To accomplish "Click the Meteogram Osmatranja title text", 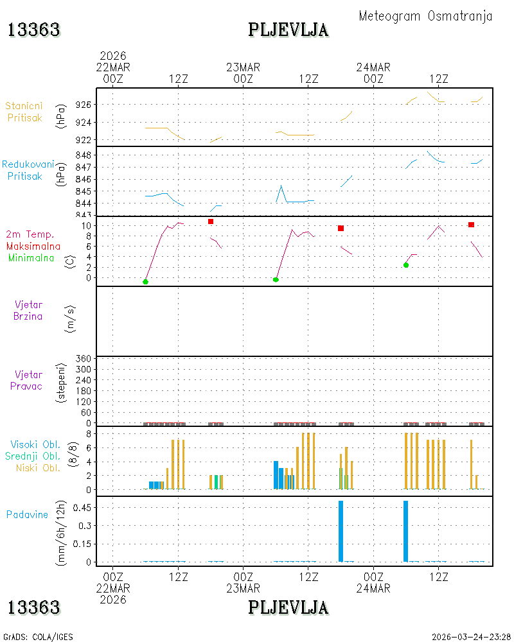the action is pos(425,17).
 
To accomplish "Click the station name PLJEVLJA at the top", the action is pos(288,30).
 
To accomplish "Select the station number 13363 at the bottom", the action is pos(33,607).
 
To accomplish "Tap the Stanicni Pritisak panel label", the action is pos(24,112).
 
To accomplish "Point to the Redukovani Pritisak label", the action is pos(28,170).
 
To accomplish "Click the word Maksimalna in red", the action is pos(33,247).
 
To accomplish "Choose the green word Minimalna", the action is pos(31,258).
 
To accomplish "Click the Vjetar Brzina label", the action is pos(28,310).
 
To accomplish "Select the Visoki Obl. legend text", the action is pos(35,444).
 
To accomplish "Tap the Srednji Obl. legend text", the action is pos(33,456).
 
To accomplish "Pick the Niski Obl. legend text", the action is pos(38,467).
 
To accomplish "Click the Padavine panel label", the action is pos(27,515).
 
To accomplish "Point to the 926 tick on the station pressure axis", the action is pos(84,105).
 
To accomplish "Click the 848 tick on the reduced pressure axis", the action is pos(84,155).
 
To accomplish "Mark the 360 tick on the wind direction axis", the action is pos(84,359).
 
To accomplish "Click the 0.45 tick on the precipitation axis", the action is pos(82,508).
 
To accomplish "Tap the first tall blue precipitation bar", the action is pos(341,531).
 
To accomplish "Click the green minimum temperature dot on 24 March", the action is pos(406,265).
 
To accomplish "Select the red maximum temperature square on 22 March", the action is pos(211,221).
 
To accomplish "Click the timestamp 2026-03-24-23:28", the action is pos(471,637).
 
